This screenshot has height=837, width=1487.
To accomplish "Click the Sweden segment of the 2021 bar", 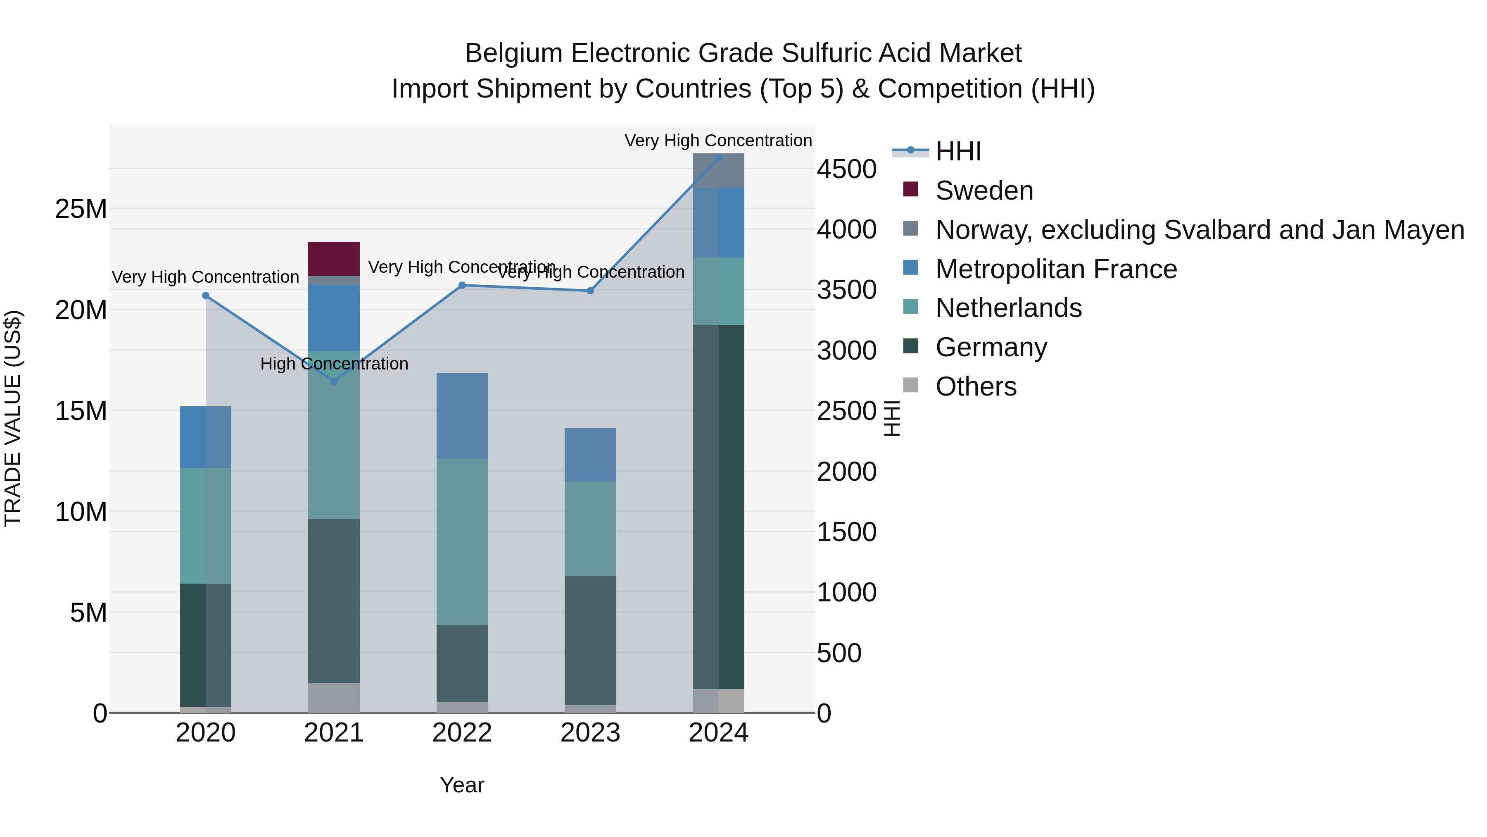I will click(334, 258).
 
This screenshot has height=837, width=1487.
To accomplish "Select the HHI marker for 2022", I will click(462, 285).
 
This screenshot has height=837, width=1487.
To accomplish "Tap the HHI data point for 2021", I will click(334, 381).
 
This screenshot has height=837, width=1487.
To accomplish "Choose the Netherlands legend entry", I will click(1008, 308).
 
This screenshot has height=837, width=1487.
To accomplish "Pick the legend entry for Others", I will click(976, 386).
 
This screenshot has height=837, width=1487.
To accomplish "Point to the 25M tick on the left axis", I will click(81, 209).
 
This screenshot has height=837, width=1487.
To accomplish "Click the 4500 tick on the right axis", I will click(846, 169).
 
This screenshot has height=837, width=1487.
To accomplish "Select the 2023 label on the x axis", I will click(590, 733).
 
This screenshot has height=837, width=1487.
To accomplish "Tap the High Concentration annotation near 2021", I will click(334, 364).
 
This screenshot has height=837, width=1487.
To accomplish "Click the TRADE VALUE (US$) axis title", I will click(13, 418).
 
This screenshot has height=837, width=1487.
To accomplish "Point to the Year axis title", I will click(462, 785).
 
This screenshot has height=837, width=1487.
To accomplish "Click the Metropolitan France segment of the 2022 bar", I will click(462, 416).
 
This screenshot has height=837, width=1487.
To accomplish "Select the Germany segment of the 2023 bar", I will click(590, 639).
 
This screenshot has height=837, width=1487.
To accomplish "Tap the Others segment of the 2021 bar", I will click(334, 697).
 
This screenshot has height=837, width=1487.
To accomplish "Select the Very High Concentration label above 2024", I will click(718, 141).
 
